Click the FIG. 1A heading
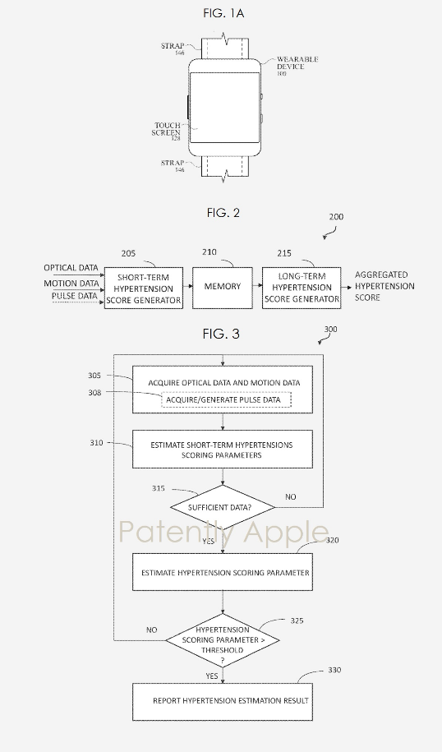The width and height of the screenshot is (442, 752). click(223, 13)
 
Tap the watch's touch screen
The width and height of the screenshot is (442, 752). click(224, 107)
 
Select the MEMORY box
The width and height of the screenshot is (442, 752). click(223, 288)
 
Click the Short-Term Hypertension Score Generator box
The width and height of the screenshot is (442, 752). click(144, 288)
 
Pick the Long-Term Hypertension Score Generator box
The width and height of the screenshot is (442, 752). click(302, 288)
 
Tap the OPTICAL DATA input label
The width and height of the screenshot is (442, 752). click(71, 268)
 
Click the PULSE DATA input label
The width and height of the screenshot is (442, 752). click(74, 296)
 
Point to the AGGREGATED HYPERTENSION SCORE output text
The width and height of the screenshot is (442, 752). click(384, 286)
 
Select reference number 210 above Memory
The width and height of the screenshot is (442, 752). click(209, 251)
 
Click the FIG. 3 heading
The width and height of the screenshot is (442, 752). click(221, 334)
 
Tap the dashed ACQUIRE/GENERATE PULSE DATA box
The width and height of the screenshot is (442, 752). click(224, 399)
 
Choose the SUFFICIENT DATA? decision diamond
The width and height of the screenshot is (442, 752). click(223, 507)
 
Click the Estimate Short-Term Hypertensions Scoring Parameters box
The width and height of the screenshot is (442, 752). click(223, 450)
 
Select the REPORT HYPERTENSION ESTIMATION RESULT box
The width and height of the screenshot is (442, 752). click(223, 702)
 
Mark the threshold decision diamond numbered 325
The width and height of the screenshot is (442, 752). click(223, 640)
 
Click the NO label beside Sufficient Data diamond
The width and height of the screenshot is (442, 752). click(291, 497)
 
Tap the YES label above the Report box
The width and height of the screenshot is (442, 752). click(212, 676)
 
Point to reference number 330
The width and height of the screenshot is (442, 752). click(334, 670)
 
